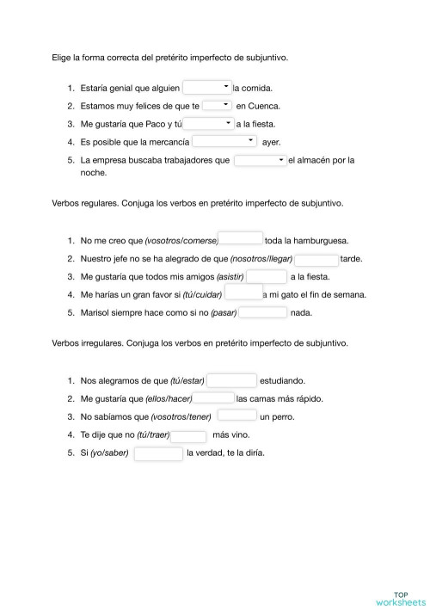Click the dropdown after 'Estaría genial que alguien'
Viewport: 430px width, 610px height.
[207, 87]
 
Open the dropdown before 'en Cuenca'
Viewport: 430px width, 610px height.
[218, 105]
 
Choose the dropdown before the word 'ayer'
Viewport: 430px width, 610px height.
[224, 141]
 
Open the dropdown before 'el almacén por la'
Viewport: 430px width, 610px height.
[260, 160]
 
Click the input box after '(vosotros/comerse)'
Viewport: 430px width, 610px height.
[241, 239]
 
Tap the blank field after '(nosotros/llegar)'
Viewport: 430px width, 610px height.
[316, 258]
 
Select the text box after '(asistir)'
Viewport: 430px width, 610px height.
[266, 276]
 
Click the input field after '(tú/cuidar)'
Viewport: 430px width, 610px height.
[243, 294]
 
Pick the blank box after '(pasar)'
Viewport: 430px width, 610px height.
[263, 312]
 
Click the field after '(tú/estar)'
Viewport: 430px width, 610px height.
[232, 379]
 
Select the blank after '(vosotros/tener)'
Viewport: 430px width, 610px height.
[236, 416]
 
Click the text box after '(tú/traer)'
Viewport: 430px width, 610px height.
[188, 434]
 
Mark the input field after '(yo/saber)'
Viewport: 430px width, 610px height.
[158, 453]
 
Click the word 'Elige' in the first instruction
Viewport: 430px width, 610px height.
[62, 58]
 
